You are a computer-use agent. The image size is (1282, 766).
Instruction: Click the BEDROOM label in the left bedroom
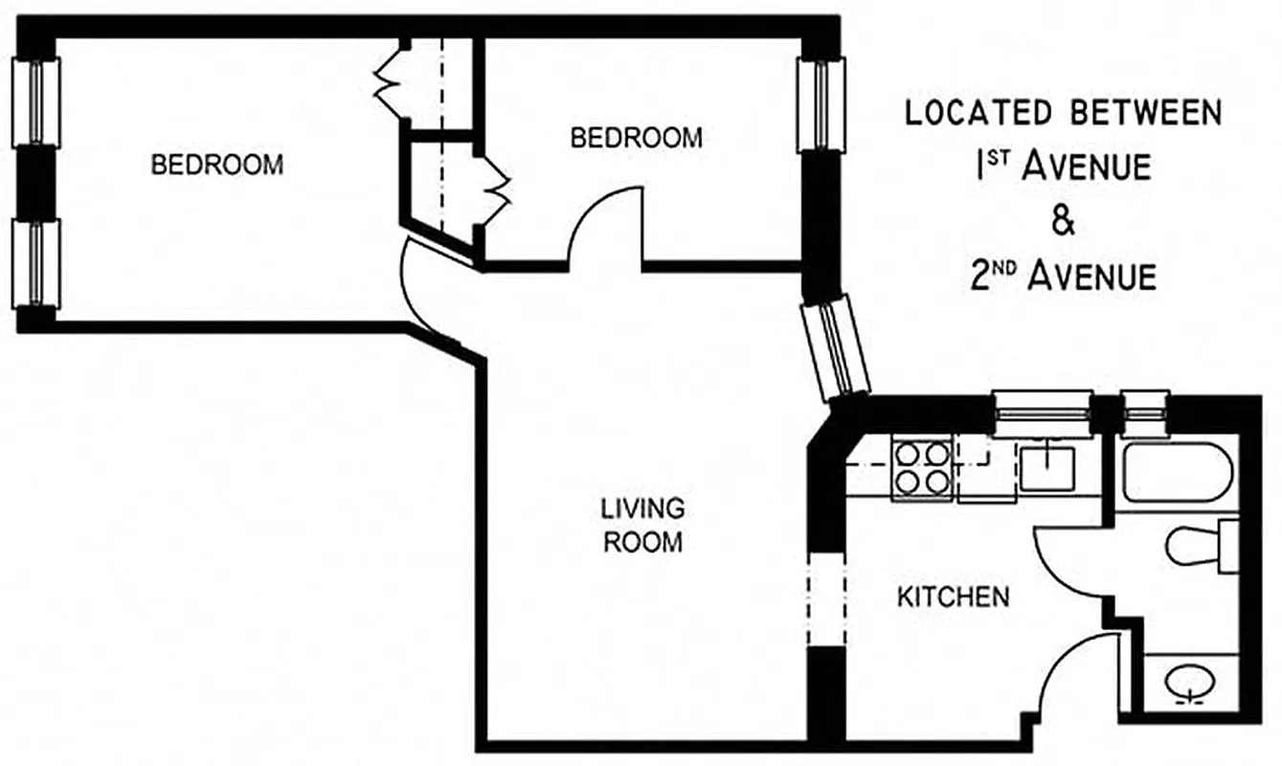tap(217, 164)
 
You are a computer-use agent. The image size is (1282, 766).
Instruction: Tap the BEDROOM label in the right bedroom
tap(636, 138)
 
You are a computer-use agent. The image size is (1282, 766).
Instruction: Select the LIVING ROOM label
tap(642, 525)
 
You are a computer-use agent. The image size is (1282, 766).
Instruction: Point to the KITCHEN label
tap(953, 597)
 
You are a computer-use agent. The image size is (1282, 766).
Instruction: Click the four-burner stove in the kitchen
tap(921, 466)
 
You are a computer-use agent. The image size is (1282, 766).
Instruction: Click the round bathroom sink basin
tap(1191, 683)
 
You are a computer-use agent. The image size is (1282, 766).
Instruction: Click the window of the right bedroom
tap(821, 103)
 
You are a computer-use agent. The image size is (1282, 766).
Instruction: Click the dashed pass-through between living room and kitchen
tap(826, 598)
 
